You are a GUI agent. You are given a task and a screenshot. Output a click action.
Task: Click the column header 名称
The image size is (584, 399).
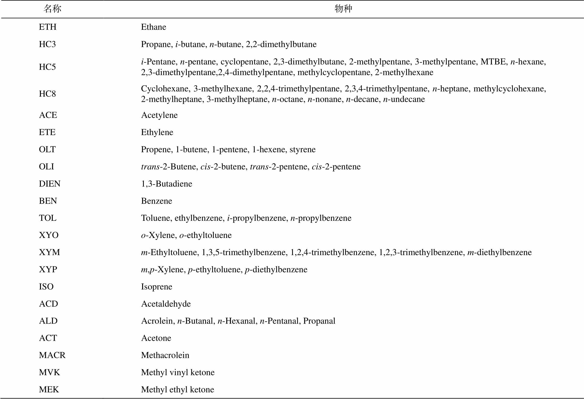point(52,9)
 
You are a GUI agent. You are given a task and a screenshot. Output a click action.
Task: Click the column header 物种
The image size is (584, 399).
point(343,9)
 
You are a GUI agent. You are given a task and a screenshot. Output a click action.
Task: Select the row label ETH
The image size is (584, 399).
point(47,27)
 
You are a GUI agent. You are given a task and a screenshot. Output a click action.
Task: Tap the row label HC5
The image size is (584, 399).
point(47,67)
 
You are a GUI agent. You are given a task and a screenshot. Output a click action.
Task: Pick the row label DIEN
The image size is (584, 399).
point(50,184)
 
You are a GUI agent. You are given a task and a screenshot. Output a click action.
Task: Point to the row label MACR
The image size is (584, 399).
point(52,355)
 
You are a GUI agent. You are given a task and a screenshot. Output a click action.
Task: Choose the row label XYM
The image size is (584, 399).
point(49,252)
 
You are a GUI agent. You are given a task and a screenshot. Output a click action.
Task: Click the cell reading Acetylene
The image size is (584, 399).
point(159,115)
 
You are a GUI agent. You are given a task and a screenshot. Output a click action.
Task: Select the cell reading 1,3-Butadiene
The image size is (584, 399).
point(166,184)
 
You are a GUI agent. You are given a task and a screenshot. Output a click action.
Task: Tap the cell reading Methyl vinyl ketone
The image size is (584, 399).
point(178,372)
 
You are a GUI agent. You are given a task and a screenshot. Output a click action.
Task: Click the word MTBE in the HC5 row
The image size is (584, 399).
point(493,62)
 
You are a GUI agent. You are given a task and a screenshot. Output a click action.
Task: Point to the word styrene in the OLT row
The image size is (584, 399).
point(303,149)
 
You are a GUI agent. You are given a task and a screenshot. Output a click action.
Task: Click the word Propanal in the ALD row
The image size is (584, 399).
point(319,321)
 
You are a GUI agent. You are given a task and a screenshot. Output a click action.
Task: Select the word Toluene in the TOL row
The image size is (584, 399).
point(155,218)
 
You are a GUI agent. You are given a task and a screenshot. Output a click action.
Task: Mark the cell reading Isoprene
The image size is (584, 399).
point(157,287)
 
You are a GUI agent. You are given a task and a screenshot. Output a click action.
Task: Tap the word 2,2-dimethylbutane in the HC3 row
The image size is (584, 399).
point(281,44)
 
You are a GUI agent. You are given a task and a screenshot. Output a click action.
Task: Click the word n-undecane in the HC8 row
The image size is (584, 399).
point(404,99)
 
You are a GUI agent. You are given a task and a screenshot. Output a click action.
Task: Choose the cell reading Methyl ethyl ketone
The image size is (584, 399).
point(177,390)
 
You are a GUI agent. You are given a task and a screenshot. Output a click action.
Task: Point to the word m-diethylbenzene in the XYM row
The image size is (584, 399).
point(499,252)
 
